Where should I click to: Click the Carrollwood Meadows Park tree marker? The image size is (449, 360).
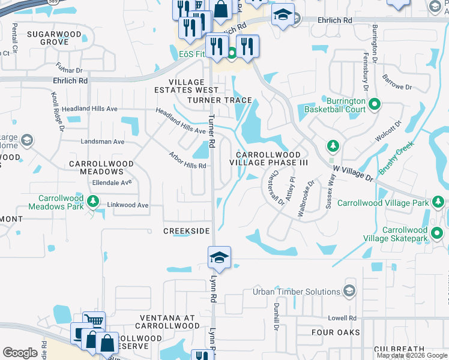click(92, 202)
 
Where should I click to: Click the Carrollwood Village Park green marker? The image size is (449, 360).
click(438, 203)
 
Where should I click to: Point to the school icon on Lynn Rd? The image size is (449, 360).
click(220, 259)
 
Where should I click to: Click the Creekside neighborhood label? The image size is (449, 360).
click(187, 231)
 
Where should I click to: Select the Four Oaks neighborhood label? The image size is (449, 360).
click(336, 332)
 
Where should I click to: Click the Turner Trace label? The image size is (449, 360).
click(220, 100)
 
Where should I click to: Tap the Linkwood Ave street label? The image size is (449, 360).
click(127, 205)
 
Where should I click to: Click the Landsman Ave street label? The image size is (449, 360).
click(103, 142)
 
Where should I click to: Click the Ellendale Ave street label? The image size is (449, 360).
click(111, 182)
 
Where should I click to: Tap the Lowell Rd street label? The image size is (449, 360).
click(342, 318)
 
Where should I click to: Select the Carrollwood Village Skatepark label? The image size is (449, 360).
click(405, 234)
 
